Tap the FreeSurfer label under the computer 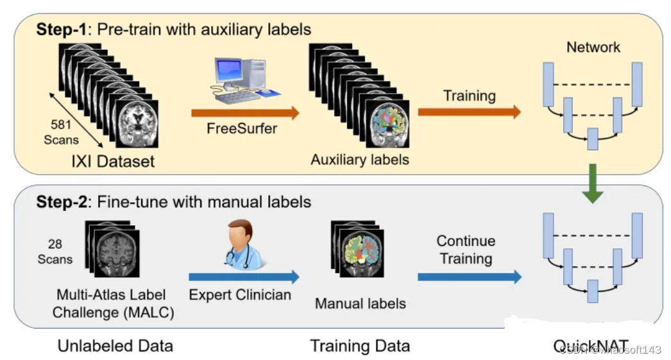tap(242, 128)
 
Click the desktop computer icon tap(242, 81)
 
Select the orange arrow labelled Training tap(469, 112)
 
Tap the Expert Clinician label tap(240, 295)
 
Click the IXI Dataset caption tap(113, 160)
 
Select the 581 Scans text tap(61, 132)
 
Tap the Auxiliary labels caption tap(360, 159)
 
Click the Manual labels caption tap(361, 303)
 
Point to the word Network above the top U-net tap(593, 47)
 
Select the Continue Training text tap(466, 250)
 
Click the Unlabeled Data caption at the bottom tap(115, 346)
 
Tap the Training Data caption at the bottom tap(360, 346)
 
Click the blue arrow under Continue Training tap(469, 277)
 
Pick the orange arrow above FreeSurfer tap(244, 114)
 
